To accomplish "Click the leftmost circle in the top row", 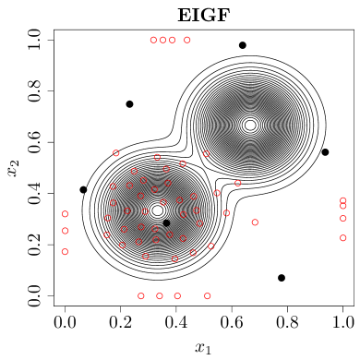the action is click(153, 40).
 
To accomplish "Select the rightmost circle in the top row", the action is click(187, 40).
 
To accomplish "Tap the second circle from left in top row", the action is click(163, 40).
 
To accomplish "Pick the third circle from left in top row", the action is click(173, 40).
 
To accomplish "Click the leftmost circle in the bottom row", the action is click(141, 296).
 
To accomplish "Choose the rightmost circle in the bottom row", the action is click(208, 296).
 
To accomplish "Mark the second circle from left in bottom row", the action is click(160, 296).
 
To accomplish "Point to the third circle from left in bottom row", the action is click(177, 296).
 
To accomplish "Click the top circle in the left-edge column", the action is click(65, 214).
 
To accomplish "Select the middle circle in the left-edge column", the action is click(65, 231).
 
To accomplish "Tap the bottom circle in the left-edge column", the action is click(65, 251).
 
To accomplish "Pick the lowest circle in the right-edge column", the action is click(343, 238).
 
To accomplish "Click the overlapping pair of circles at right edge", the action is click(343, 203).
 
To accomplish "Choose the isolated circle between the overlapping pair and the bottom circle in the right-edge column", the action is click(343, 219).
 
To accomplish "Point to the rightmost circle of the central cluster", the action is click(255, 222).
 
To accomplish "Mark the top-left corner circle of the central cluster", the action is click(116, 153).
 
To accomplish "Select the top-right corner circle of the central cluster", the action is click(206, 154).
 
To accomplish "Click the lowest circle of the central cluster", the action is click(174, 259).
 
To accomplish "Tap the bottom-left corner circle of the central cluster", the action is click(107, 234).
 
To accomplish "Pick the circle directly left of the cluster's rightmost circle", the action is click(226, 213).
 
